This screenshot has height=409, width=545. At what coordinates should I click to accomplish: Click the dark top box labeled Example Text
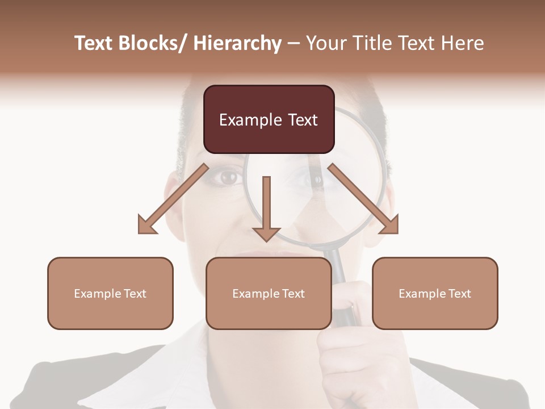tap(269, 119)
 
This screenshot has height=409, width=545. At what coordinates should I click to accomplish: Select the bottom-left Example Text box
tap(110, 293)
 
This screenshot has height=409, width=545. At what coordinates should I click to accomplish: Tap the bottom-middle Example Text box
tap(269, 293)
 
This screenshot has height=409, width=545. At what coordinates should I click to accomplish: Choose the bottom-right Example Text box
tap(435, 293)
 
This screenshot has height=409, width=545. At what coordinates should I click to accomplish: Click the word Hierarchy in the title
tap(237, 43)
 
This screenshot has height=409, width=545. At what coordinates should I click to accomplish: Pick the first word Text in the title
tap(94, 43)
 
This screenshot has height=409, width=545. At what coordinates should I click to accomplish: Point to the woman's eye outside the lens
tap(228, 177)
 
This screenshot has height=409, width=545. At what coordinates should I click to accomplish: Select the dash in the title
tap(294, 44)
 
